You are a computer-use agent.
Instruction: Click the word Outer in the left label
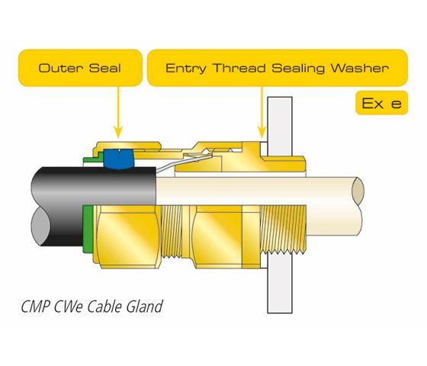60,68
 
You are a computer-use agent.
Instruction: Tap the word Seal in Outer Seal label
105,68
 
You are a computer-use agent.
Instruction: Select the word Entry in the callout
185,69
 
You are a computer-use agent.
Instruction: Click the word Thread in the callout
239,68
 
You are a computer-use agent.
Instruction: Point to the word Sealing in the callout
297,69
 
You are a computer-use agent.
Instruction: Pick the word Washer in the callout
359,68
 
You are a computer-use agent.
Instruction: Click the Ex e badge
381,103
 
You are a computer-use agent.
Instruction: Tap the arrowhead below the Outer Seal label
118,133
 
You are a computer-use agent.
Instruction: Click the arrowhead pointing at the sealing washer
262,133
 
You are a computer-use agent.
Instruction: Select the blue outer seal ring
119,159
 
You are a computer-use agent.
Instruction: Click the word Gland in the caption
145,307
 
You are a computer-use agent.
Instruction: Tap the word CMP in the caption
36,307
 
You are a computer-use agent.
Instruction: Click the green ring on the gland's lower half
88,229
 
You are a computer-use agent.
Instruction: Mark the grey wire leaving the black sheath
184,162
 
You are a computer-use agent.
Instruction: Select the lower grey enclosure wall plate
280,284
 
